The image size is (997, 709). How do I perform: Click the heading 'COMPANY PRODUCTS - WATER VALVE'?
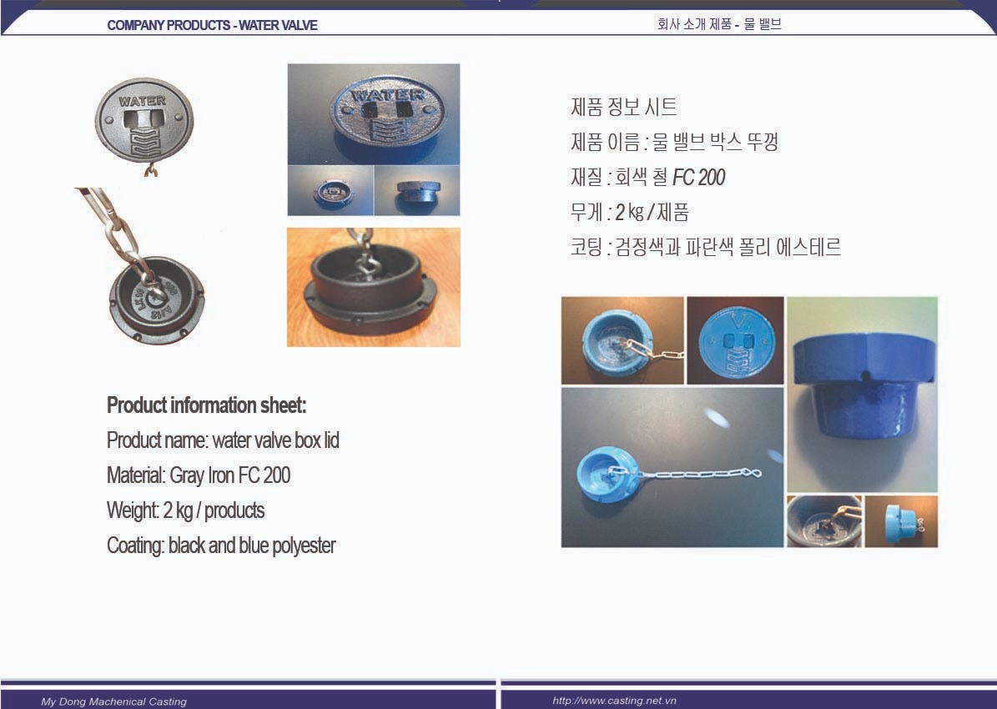(x=213, y=25)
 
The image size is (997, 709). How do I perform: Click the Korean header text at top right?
(x=719, y=24)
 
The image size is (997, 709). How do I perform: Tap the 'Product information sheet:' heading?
(x=207, y=405)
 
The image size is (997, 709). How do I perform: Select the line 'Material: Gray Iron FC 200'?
(x=199, y=475)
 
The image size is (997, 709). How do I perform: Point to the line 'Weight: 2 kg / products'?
(x=186, y=510)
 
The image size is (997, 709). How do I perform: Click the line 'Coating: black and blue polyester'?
(x=221, y=546)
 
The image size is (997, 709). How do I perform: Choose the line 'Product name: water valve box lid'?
(x=224, y=440)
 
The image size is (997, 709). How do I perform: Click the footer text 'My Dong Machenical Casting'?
(x=113, y=701)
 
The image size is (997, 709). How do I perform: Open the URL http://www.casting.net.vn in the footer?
(x=614, y=701)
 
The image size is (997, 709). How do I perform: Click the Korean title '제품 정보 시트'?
(x=624, y=106)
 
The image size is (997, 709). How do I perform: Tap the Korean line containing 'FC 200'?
(x=648, y=177)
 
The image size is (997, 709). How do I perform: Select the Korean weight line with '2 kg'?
(x=629, y=212)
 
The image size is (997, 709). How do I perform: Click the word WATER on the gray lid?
(x=143, y=100)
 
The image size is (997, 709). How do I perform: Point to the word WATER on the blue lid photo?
(x=388, y=95)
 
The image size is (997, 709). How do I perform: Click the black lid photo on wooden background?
(x=374, y=288)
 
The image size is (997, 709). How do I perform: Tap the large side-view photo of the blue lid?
(x=862, y=395)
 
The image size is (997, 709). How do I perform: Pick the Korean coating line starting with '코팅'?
(x=706, y=247)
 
